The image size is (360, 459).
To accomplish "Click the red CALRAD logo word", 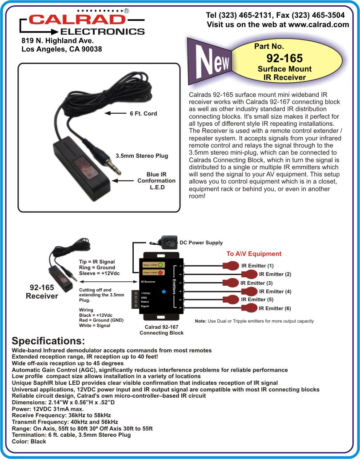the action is (77, 20).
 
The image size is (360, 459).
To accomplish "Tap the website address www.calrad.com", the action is (319, 24).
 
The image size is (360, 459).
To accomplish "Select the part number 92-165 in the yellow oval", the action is (284, 58).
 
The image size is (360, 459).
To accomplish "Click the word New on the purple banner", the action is (213, 60).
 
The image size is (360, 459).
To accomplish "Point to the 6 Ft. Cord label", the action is (144, 114).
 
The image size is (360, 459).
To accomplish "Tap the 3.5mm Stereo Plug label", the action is (142, 156).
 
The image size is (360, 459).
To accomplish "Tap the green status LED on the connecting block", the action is (160, 265).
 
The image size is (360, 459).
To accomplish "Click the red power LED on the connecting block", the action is (160, 272).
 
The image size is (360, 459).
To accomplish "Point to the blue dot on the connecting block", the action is (164, 291).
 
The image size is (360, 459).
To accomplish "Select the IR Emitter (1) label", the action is (258, 266).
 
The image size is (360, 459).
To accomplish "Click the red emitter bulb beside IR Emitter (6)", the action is (249, 308).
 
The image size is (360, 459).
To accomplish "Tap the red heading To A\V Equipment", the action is (254, 254).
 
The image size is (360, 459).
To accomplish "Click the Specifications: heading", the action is (48, 341).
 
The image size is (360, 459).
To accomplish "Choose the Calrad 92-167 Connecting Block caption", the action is (162, 330).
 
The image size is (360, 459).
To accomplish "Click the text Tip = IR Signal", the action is (97, 262).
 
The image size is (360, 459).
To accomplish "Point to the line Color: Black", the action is (29, 441).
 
